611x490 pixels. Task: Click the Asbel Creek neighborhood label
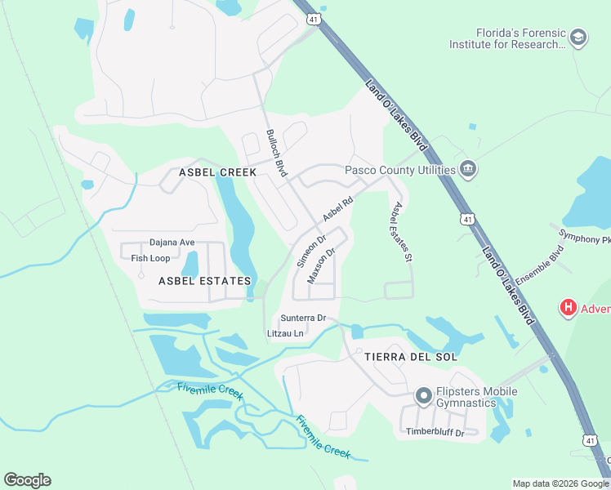pyautogui.click(x=217, y=172)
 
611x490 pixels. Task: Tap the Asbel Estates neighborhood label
pyautogui.click(x=204, y=281)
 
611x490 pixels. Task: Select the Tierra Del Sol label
pyautogui.click(x=399, y=357)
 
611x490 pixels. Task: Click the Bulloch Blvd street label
pyautogui.click(x=277, y=154)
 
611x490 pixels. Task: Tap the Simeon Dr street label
pyautogui.click(x=311, y=252)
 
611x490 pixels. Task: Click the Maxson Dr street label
pyautogui.click(x=322, y=265)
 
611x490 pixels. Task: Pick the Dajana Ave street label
pyautogui.click(x=172, y=243)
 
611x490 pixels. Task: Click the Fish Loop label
pyautogui.click(x=150, y=258)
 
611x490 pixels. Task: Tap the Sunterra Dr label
pyautogui.click(x=303, y=318)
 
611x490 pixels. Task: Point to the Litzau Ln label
pyautogui.click(x=285, y=333)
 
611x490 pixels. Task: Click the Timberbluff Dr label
pyautogui.click(x=435, y=432)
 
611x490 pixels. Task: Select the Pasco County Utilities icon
pyautogui.click(x=468, y=170)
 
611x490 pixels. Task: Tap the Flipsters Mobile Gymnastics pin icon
pyautogui.click(x=423, y=397)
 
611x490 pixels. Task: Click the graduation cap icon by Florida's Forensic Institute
pyautogui.click(x=578, y=38)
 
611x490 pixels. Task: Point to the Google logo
pyautogui.click(x=27, y=480)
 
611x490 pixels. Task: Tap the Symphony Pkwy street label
pyautogui.click(x=585, y=236)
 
